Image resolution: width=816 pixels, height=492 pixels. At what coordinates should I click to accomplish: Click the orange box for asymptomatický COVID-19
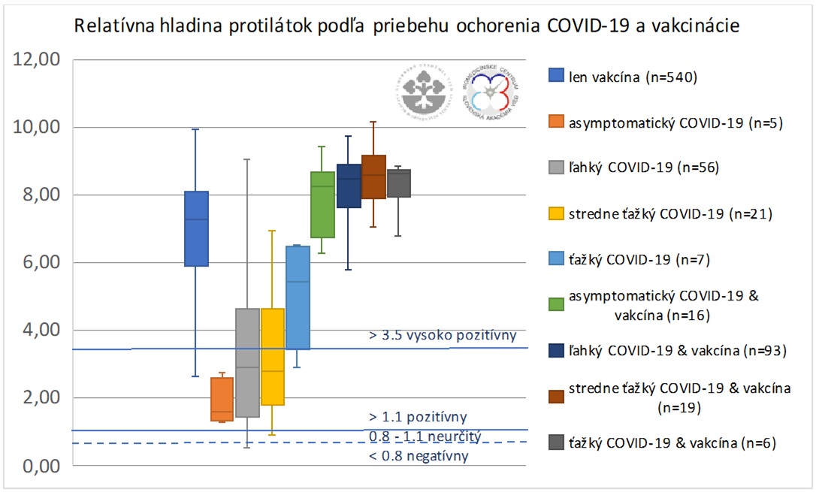point(222,399)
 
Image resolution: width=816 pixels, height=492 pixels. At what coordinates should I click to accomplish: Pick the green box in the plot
point(322,204)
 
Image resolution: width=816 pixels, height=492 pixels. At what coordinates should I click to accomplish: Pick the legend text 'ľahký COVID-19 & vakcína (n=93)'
point(675,351)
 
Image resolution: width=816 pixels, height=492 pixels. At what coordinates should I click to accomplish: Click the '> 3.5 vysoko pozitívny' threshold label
point(443,335)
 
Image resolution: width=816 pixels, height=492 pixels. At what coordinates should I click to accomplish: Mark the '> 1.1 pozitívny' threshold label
point(418,416)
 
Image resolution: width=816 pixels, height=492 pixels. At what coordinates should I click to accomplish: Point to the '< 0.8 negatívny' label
point(419,455)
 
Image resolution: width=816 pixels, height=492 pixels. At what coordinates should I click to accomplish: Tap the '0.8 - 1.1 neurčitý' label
point(424,436)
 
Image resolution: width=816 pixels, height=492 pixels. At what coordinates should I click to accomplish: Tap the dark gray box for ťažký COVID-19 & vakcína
point(398,183)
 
